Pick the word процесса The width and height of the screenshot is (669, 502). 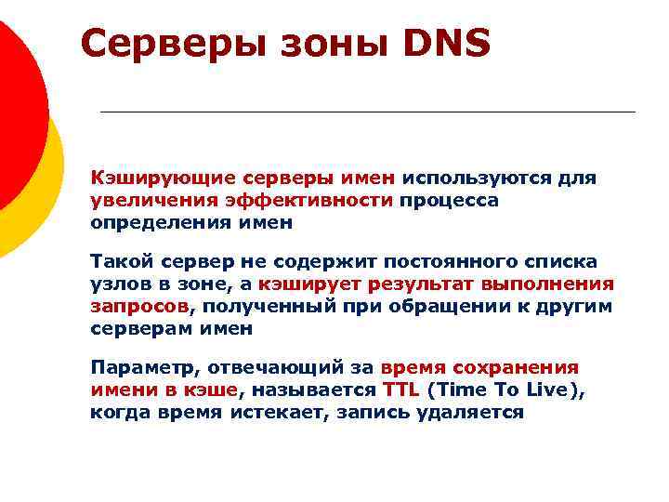click(x=450, y=199)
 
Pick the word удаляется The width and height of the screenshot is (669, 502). click(x=477, y=412)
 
